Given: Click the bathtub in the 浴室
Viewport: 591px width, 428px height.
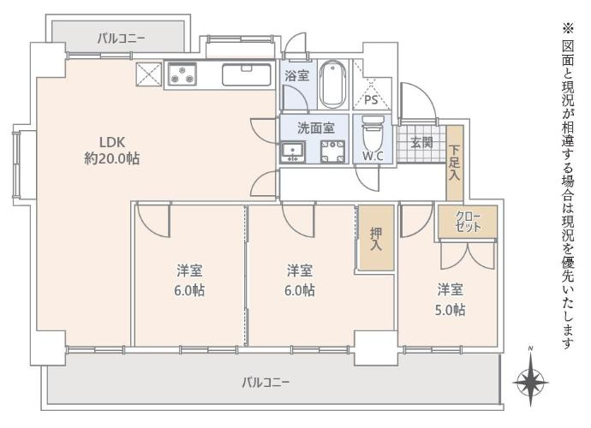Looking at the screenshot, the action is [x=333, y=85].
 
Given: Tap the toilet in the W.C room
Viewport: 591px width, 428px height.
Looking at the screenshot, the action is [x=373, y=135].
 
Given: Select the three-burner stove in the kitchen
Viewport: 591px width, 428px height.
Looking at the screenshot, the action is [x=182, y=74].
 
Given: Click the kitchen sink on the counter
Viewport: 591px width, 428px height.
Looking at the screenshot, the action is [x=247, y=74].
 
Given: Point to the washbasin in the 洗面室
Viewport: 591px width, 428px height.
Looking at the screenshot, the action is [x=293, y=152].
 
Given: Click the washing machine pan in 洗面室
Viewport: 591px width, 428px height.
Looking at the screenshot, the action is [x=332, y=152].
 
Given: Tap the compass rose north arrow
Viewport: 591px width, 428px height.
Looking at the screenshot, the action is [x=530, y=381].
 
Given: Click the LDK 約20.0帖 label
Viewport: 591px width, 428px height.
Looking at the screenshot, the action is [x=111, y=151].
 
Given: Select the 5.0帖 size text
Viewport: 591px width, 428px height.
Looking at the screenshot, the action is [x=450, y=310].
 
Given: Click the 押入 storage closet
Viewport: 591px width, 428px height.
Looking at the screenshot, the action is [x=376, y=237].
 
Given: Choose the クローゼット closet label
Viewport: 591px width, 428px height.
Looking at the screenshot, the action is [x=469, y=222].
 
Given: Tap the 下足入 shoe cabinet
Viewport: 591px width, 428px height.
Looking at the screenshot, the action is [x=455, y=163].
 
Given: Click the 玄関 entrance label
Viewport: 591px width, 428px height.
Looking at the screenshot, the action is [x=421, y=143].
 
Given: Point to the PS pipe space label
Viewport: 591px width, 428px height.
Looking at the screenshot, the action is [x=371, y=100].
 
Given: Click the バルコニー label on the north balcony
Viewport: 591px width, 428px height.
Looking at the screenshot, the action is [x=121, y=38].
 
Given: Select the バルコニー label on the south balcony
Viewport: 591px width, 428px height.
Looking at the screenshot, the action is [x=266, y=383].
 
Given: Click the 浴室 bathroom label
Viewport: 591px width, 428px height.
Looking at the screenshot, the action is [x=297, y=75].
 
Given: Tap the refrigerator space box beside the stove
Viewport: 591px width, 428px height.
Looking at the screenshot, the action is [x=149, y=74].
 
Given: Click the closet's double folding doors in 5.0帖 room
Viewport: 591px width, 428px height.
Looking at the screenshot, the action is [x=468, y=255].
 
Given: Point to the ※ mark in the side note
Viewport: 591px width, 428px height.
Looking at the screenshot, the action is [x=568, y=28].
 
